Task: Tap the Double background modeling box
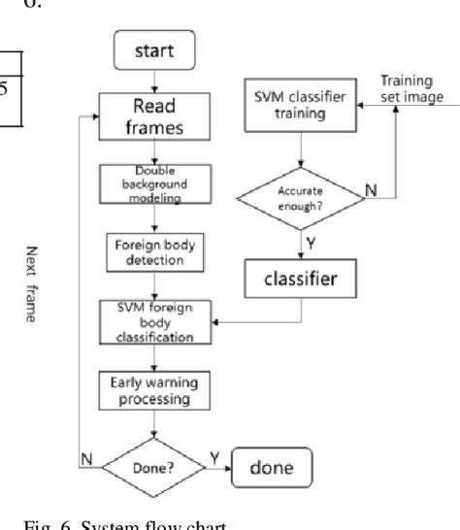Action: [152, 184]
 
